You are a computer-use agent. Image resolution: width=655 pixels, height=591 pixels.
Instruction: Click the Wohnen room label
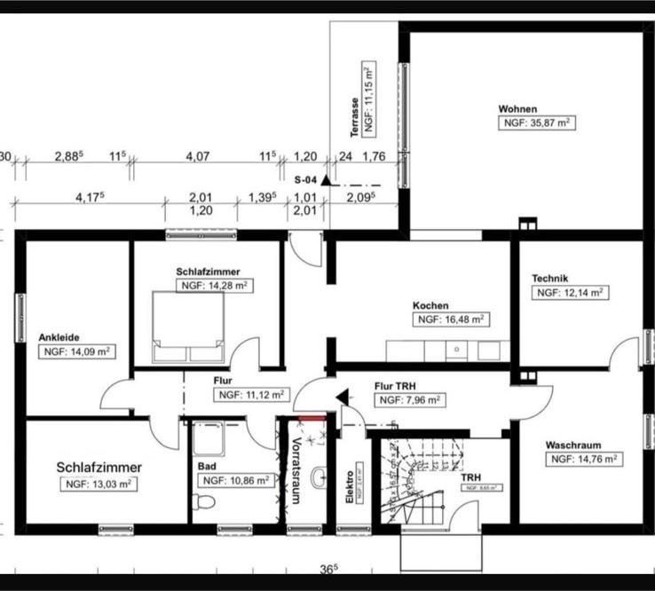pyautogui.click(x=517, y=109)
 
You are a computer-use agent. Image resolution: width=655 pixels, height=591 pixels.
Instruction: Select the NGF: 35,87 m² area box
pyautogui.click(x=537, y=123)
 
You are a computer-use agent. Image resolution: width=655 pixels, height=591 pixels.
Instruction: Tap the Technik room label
pyautogui.click(x=549, y=278)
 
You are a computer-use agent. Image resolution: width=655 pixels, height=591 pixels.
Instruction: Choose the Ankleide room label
pyautogui.click(x=59, y=337)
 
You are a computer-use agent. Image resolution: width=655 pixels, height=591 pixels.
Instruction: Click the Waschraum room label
pyautogui.click(x=574, y=445)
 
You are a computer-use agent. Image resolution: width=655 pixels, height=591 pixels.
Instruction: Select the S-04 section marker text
pyautogui.click(x=306, y=178)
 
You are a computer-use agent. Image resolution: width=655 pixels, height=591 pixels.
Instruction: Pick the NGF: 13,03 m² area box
pyautogui.click(x=98, y=485)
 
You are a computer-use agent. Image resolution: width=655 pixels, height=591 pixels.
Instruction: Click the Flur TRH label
pyautogui.click(x=396, y=386)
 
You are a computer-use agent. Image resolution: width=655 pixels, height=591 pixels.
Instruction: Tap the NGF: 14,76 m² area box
pyautogui.click(x=583, y=460)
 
